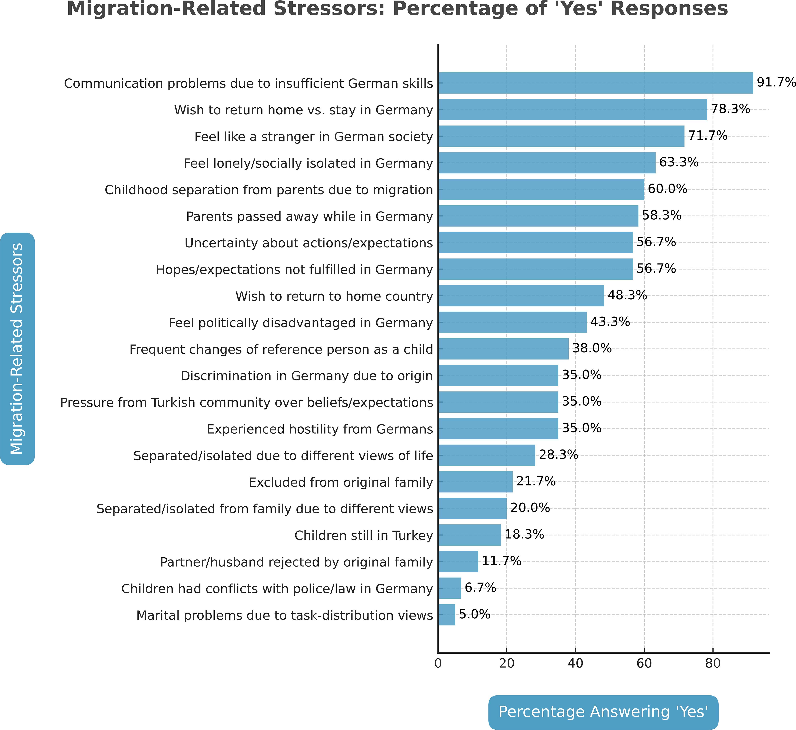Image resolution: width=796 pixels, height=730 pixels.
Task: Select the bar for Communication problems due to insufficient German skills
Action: coord(595,83)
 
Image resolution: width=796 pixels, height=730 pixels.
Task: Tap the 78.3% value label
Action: coord(730,109)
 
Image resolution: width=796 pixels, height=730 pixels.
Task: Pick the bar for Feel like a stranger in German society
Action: coord(561,136)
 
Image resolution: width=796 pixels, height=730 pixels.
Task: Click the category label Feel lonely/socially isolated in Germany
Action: coord(308,163)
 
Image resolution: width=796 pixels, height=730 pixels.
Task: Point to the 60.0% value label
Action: coord(668,189)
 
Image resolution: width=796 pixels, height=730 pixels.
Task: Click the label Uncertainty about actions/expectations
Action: coord(309,243)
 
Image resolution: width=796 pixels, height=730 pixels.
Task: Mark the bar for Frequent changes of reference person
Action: coord(503,349)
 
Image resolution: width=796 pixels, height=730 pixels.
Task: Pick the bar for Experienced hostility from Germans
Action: coord(498,429)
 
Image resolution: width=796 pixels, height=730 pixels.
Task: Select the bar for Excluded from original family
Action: coord(475,482)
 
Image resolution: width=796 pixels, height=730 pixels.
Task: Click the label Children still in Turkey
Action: coord(364,536)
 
